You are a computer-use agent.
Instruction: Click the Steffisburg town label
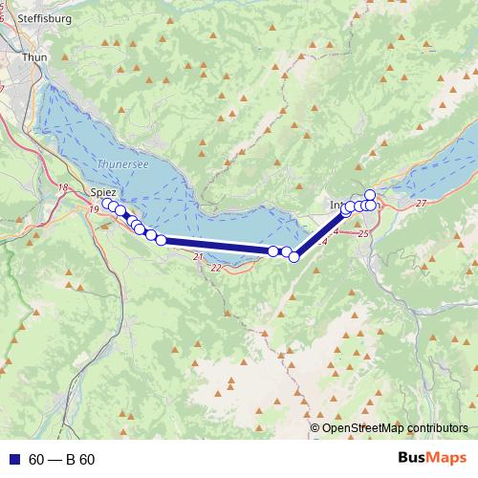pos(39,16)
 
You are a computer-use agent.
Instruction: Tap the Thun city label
pos(33,57)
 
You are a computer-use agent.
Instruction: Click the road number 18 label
pos(64,187)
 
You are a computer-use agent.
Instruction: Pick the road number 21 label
pos(197,257)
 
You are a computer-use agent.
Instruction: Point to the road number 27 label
pos(422,204)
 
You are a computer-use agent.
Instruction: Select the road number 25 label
pos(362,233)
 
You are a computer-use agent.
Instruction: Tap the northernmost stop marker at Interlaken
pos(370,195)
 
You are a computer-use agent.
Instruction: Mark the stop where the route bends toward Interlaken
pos(294,256)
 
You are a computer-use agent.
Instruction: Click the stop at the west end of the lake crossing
pos(161,240)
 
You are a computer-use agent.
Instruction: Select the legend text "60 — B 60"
pos(61,460)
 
